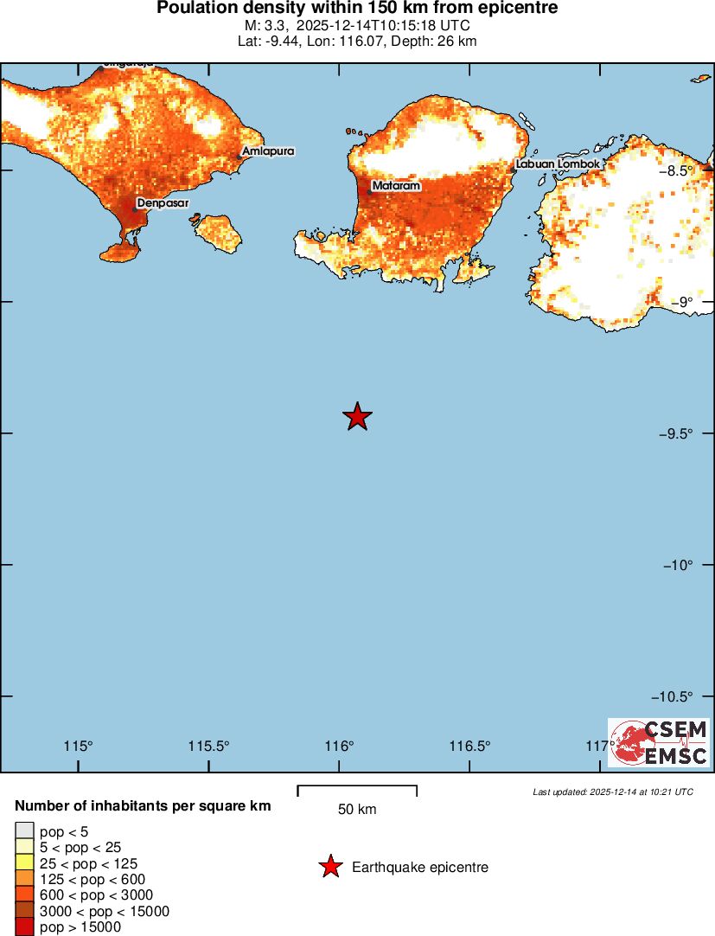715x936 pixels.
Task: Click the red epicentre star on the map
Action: pos(357,416)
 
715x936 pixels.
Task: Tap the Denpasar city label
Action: pos(163,203)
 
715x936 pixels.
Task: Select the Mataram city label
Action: pos(396,186)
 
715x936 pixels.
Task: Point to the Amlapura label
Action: pos(269,151)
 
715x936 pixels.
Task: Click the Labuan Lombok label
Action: pos(558,163)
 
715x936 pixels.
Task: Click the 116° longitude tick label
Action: pos(340,747)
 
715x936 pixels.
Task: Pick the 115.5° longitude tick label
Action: pos(209,747)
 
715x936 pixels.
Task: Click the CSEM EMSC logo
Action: pos(659,742)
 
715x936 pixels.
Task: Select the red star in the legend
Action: pos(329,867)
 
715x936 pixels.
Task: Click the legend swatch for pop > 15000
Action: pos(25,927)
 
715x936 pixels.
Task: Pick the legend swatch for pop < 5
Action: pos(25,831)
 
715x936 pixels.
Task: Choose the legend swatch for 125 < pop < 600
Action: pos(25,879)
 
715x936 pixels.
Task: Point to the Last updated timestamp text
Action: pos(613,792)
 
